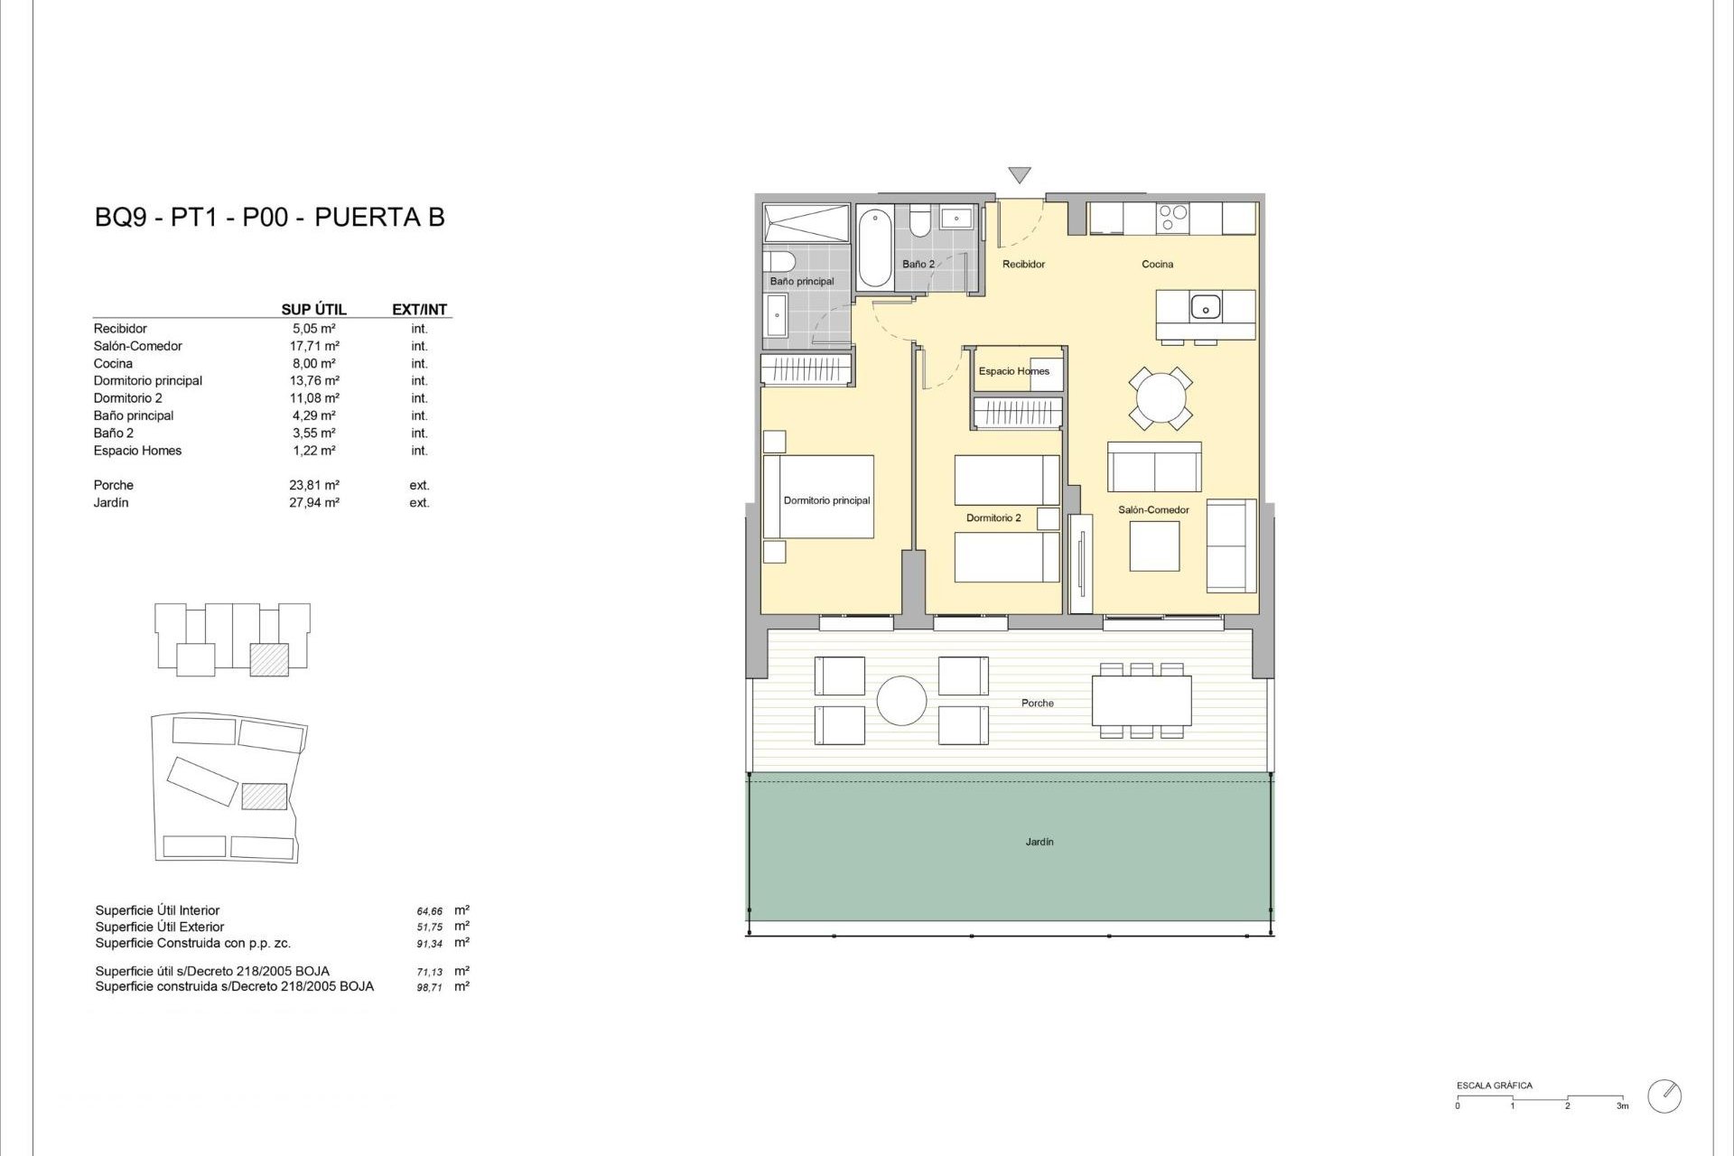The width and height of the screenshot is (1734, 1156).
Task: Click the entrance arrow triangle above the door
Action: point(1019,175)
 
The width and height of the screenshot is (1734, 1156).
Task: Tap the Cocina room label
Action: point(1157,265)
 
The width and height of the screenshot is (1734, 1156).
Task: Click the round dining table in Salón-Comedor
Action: point(1160,397)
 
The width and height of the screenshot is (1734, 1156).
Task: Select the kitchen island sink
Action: point(1205,307)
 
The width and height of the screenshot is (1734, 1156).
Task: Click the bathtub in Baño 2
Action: point(874,247)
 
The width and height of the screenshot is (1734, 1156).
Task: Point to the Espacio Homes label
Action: point(1013,371)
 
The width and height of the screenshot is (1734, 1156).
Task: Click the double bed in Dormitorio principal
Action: point(818,497)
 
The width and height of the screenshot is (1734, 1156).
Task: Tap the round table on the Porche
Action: point(901,701)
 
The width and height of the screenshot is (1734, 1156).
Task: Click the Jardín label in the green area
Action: point(1039,842)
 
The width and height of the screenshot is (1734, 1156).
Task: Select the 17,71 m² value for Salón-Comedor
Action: point(313,346)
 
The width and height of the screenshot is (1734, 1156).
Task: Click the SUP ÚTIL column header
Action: point(313,310)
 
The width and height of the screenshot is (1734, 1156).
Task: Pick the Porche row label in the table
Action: point(114,485)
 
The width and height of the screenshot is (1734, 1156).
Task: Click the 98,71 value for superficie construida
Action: point(430,987)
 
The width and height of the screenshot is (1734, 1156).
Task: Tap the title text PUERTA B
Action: point(379,218)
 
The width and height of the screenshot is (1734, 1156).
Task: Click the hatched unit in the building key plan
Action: point(269,659)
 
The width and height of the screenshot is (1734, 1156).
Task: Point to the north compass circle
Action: point(1664,1095)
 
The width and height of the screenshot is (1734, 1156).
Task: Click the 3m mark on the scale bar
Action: point(1623,1105)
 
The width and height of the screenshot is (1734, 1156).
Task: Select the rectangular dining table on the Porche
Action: point(1142,701)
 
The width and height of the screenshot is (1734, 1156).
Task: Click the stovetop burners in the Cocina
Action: point(1173,218)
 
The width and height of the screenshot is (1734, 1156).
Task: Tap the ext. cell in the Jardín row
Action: point(419,503)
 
